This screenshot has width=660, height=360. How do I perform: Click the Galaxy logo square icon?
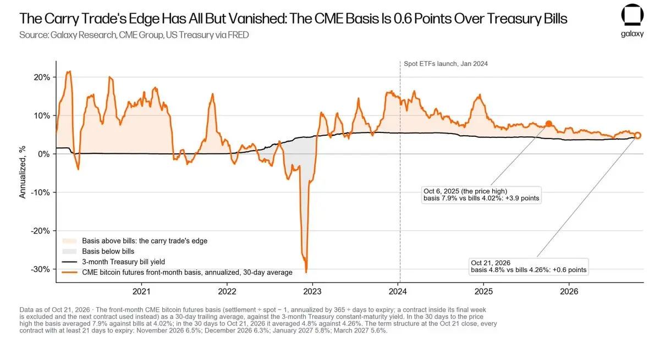pos(632,15)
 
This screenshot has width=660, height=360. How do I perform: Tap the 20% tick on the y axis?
pos(42,77)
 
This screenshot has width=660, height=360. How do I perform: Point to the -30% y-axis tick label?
pos(40,269)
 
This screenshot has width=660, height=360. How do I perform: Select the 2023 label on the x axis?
pos(312,291)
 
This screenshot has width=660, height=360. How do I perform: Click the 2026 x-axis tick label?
pos(569,291)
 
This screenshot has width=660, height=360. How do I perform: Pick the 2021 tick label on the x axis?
pos(141,291)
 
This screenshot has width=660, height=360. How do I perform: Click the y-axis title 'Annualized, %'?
pos(23,172)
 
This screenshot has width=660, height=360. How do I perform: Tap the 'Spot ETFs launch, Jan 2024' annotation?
pos(446,64)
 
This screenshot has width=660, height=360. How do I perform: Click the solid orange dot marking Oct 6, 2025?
pos(549,124)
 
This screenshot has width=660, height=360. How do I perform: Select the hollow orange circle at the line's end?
pos(637,135)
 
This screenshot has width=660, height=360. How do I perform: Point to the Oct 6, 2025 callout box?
pos(481,195)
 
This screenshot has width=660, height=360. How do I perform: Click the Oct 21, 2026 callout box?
pos(529,267)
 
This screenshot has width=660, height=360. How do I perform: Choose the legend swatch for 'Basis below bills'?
pos(69,251)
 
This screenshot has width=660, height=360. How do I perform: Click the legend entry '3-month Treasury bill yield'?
pos(123,262)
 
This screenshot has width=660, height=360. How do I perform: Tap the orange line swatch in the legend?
pos(69,273)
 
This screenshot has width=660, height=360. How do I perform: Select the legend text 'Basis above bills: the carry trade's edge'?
pos(145,241)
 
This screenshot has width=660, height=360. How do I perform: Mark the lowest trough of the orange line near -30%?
pos(306,272)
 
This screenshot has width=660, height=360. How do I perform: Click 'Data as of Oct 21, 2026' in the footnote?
pos(54,310)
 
